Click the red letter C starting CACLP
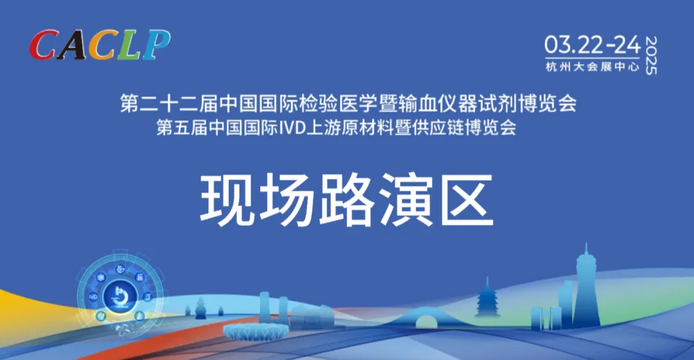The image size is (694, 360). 44,46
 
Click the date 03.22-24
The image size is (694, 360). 592,44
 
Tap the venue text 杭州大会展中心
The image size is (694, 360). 592,66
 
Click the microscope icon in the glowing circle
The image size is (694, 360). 120,297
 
